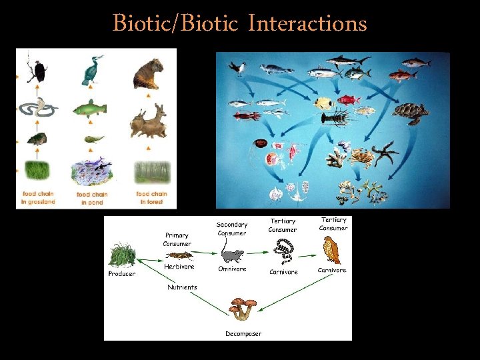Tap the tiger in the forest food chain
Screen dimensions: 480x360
(x=147, y=73)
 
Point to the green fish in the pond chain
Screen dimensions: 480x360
(x=90, y=108)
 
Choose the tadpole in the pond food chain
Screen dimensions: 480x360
(x=93, y=139)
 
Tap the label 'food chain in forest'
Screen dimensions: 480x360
(x=151, y=197)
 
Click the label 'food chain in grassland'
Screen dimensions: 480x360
(x=37, y=197)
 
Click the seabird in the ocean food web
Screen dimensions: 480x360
(x=238, y=68)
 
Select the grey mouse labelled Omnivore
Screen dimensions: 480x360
(x=233, y=255)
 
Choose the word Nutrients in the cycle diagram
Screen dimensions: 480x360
(x=182, y=287)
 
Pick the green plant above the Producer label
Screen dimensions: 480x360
(x=123, y=254)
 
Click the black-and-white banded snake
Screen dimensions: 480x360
(x=284, y=252)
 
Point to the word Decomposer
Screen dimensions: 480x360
(x=243, y=333)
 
